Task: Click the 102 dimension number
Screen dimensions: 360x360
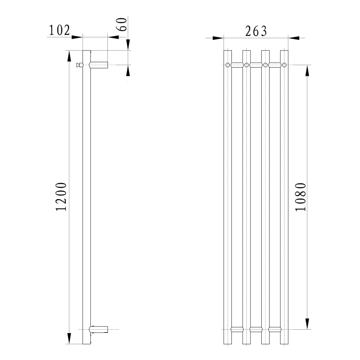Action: [59, 30]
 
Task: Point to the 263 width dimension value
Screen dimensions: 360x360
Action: [256, 31]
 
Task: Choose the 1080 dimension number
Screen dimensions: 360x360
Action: [301, 197]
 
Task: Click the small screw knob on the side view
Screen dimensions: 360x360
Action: [79, 65]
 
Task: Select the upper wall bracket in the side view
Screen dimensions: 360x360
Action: [100, 65]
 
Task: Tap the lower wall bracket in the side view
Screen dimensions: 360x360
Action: [100, 329]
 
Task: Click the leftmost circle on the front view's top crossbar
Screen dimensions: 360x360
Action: [228, 65]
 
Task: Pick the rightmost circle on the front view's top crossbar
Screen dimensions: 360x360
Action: [284, 65]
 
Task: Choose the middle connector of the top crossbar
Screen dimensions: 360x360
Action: [256, 65]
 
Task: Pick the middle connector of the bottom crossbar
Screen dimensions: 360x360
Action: [256, 329]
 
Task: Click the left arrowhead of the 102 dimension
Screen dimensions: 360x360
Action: [77, 37]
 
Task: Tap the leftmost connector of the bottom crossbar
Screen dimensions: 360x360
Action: [237, 329]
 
